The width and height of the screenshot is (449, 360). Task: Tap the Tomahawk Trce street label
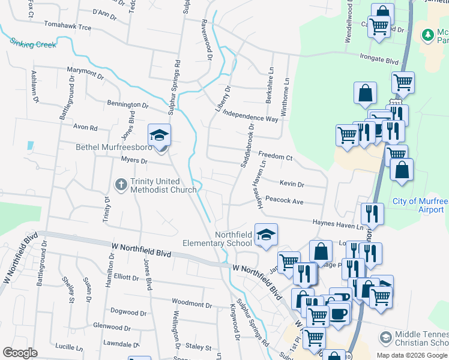pyautogui.click(x=67, y=27)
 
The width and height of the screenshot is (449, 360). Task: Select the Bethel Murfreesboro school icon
pyautogui.click(x=159, y=135)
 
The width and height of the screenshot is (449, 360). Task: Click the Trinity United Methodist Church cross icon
pyautogui.click(x=120, y=184)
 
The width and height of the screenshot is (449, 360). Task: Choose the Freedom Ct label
pyautogui.click(x=275, y=157)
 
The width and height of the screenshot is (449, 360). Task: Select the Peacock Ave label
pyautogui.click(x=285, y=202)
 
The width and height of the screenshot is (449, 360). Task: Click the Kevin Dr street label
pyautogui.click(x=292, y=184)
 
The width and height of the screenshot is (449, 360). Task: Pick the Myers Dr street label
pyautogui.click(x=134, y=160)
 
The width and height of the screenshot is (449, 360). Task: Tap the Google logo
pyautogui.click(x=20, y=353)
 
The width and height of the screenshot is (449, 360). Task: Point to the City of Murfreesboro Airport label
pyautogui.click(x=420, y=206)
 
